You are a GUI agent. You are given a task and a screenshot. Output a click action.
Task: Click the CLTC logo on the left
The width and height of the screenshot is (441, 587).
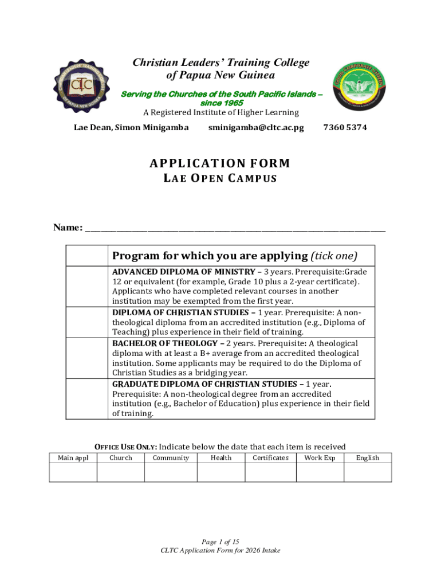[81, 87]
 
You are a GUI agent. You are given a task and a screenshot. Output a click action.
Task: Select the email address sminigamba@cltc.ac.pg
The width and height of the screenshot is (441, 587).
[256, 127]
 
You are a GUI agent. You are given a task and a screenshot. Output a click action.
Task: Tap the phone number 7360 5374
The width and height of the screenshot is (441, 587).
[345, 127]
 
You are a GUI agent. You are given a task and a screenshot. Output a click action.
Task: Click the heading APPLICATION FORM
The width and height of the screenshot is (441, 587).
[220, 163]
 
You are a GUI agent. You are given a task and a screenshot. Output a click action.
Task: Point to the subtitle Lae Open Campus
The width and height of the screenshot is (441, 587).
[220, 178]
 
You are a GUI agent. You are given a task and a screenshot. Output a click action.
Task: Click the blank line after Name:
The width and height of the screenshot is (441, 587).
[235, 228]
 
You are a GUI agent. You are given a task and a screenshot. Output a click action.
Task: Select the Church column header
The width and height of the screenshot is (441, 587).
[120, 457]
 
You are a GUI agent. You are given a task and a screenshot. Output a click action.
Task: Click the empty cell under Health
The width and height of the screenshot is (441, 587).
[221, 472]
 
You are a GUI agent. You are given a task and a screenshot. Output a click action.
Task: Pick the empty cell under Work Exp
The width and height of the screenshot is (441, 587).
[320, 472]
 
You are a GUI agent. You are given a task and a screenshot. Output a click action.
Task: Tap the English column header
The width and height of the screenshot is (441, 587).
[368, 457]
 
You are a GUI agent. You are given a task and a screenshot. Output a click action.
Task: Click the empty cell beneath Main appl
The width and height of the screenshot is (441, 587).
[73, 472]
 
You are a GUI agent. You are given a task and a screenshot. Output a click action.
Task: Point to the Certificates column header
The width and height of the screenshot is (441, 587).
[270, 457]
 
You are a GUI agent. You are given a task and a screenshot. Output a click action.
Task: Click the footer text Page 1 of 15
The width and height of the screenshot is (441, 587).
[220, 542]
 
